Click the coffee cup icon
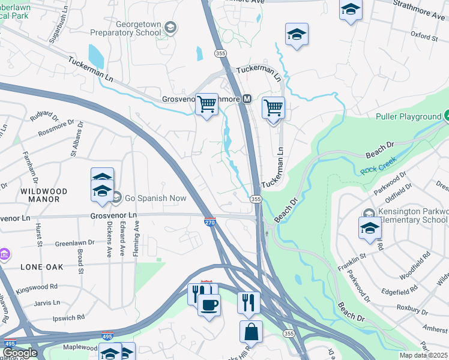pyautogui.click(x=209, y=305)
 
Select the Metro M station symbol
pyautogui.click(x=246, y=99)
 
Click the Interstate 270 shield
pyautogui.click(x=210, y=222)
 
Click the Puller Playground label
pyautogui.click(x=408, y=116)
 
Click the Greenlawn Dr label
pyautogui.click(x=74, y=243)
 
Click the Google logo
pyautogui.click(x=20, y=353)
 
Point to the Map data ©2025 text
pyautogui.click(x=424, y=355)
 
